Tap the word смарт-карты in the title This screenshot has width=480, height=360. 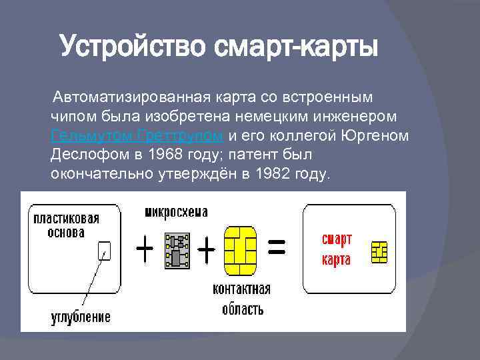click(295, 47)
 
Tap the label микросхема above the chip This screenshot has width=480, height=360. click(176, 212)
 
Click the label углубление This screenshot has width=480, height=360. click(81, 315)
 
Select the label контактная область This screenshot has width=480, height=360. click(241, 299)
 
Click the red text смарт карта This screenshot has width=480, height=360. click(337, 249)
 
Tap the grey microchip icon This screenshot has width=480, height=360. click(176, 250)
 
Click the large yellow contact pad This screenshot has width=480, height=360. click(241, 251)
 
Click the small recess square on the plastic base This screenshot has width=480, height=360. click(103, 250)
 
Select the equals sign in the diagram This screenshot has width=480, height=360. click(277, 249)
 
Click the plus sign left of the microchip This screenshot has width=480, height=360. click(145, 251)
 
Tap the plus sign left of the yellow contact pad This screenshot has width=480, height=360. click(207, 251)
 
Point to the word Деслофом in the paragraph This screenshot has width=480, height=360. click(83, 155)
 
